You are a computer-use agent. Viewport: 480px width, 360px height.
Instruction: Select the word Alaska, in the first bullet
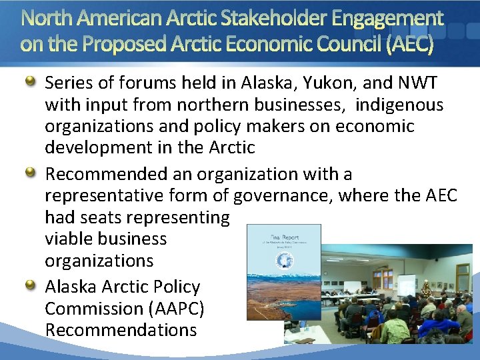261,83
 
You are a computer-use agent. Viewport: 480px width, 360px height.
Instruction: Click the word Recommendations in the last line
121,330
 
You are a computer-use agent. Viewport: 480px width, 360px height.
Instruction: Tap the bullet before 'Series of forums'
31,83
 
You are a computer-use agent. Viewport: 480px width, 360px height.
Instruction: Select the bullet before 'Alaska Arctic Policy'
31,286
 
